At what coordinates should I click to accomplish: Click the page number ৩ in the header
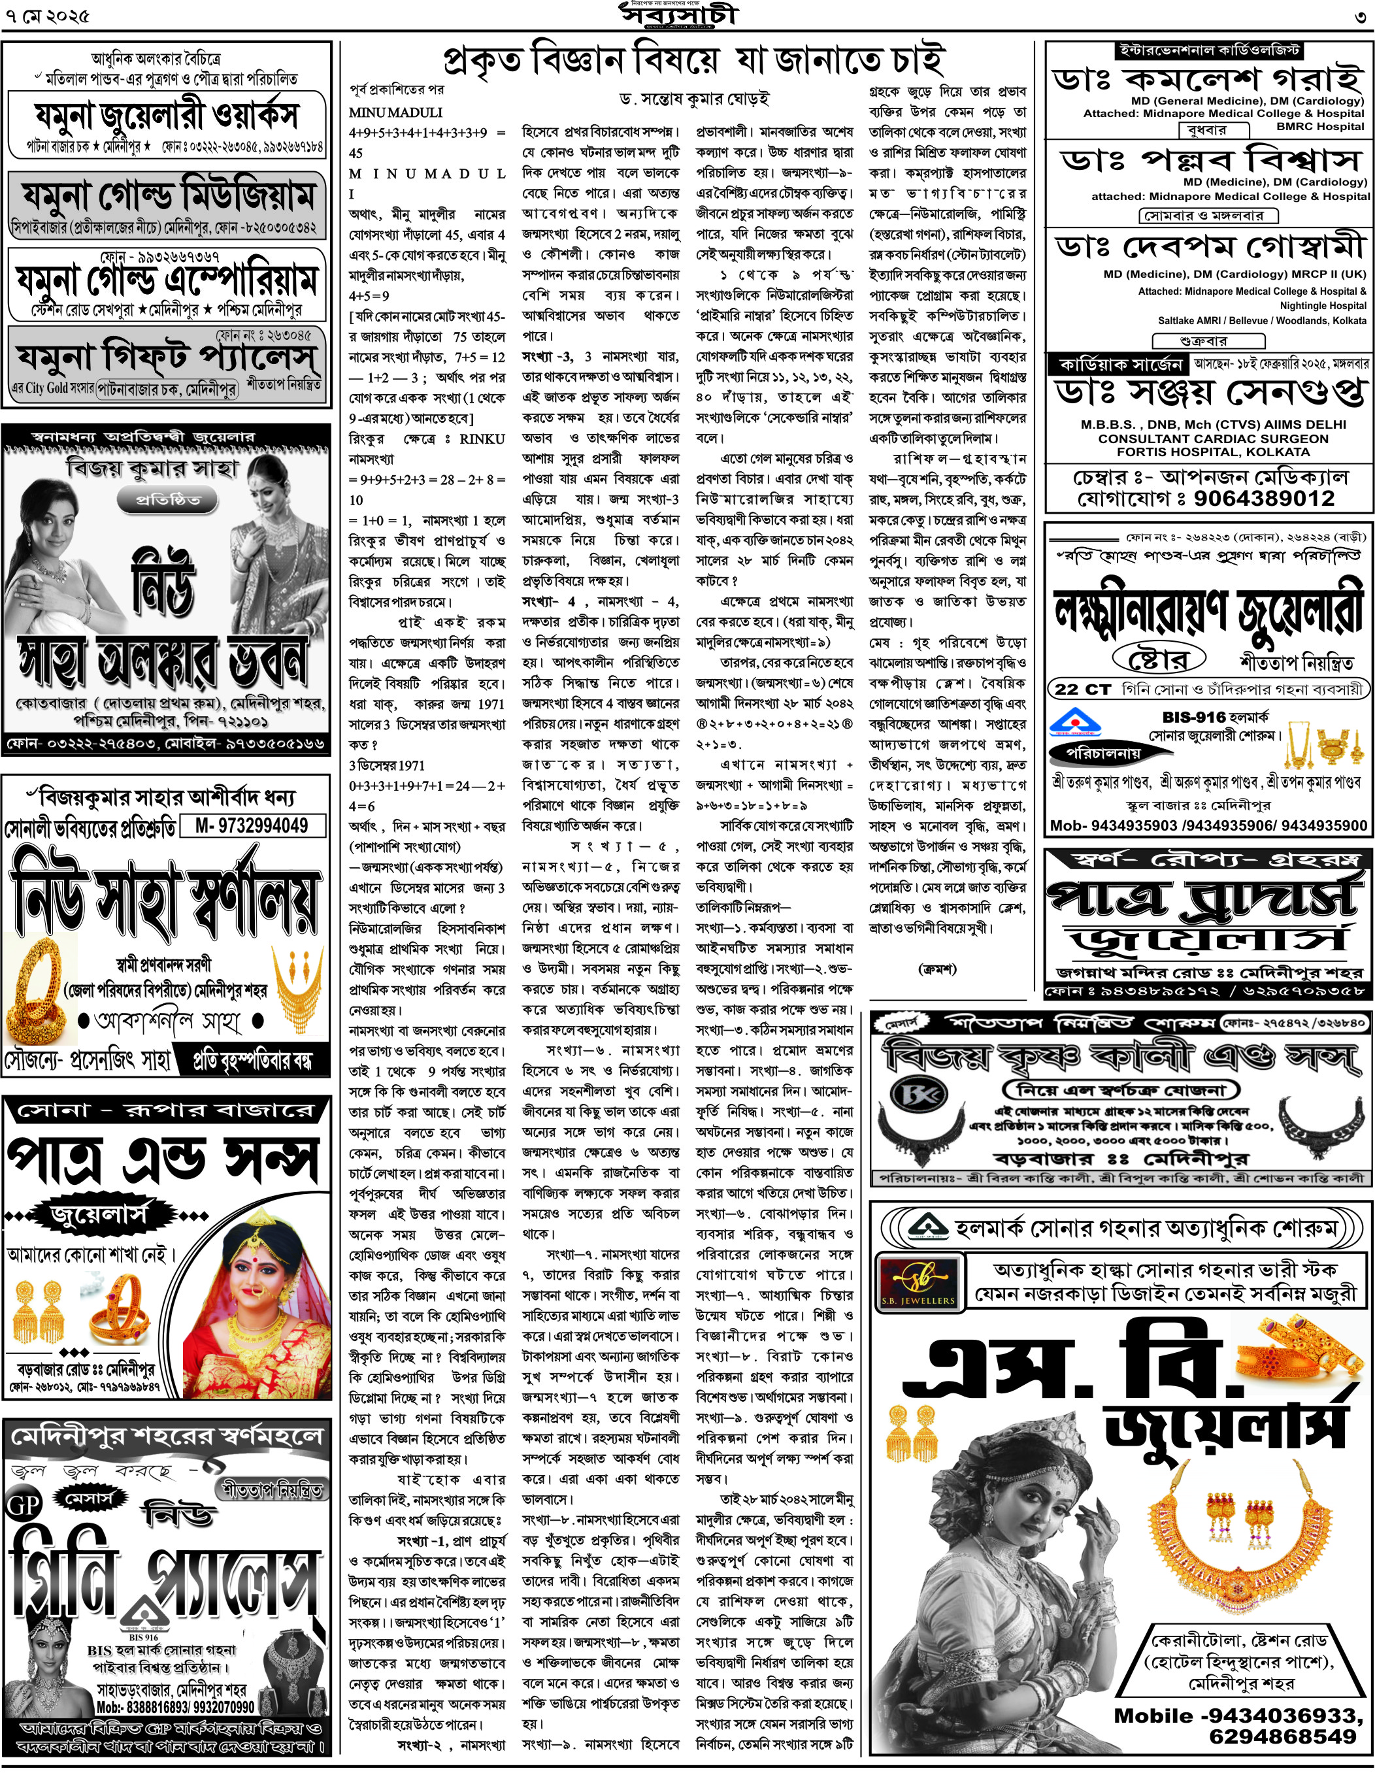click(1359, 17)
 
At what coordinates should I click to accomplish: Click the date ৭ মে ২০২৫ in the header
click(48, 16)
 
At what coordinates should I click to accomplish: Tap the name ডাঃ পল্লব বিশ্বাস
click(1209, 159)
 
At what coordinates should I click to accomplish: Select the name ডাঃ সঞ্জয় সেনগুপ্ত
click(1209, 393)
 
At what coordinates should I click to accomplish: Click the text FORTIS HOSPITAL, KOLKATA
click(1208, 452)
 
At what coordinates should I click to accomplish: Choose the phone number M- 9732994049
click(251, 825)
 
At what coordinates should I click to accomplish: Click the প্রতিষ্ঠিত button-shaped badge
click(167, 499)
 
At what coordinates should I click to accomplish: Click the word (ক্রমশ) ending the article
click(937, 968)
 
